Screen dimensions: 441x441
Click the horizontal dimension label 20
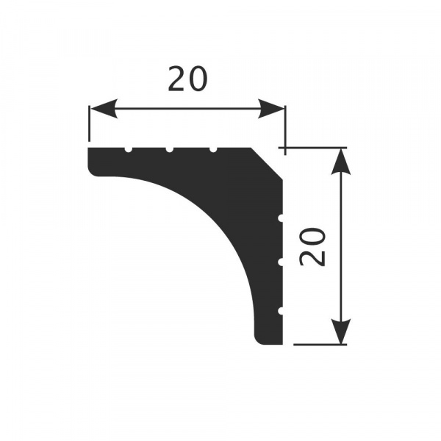tap(187, 79)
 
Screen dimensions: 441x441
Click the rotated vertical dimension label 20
tap(312, 246)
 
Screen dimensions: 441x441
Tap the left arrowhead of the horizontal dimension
tap(103, 109)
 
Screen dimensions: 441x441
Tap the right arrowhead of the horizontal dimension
tap(270, 109)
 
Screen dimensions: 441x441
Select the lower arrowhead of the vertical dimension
tap(341, 331)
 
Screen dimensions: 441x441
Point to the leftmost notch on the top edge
tap(128, 150)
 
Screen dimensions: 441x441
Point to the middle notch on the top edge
tap(169, 150)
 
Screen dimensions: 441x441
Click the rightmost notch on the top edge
tap(213, 150)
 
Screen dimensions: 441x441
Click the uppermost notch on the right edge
tap(281, 218)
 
